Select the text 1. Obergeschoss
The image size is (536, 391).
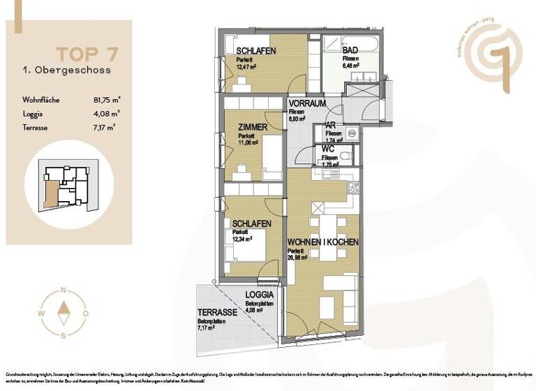54,70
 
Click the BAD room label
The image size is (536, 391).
350,51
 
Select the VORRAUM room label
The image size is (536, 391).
308,103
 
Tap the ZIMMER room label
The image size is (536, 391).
252,127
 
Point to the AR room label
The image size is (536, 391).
332,126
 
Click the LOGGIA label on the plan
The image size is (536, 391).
258,296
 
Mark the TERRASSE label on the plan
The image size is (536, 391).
217,313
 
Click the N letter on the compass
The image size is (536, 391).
64,290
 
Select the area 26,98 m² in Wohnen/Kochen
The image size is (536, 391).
302,258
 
